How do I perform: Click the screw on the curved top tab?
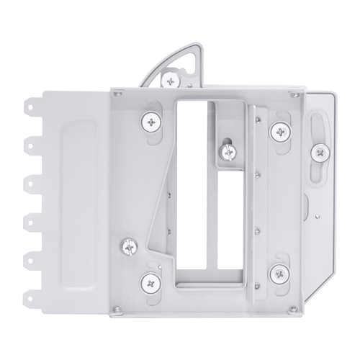coord(171,78)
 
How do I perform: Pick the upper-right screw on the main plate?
coord(279,131)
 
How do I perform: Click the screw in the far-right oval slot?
coord(320,151)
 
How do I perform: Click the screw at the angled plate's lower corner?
coord(129,247)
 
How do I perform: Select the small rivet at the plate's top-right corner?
coord(293,94)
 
